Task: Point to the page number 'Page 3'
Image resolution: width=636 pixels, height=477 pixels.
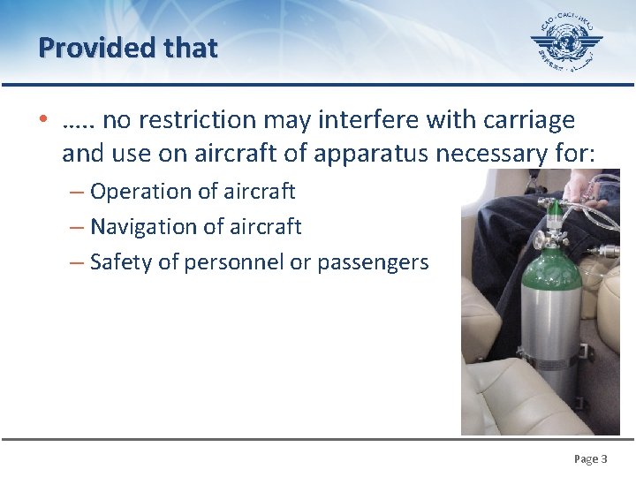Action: pos(590,459)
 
